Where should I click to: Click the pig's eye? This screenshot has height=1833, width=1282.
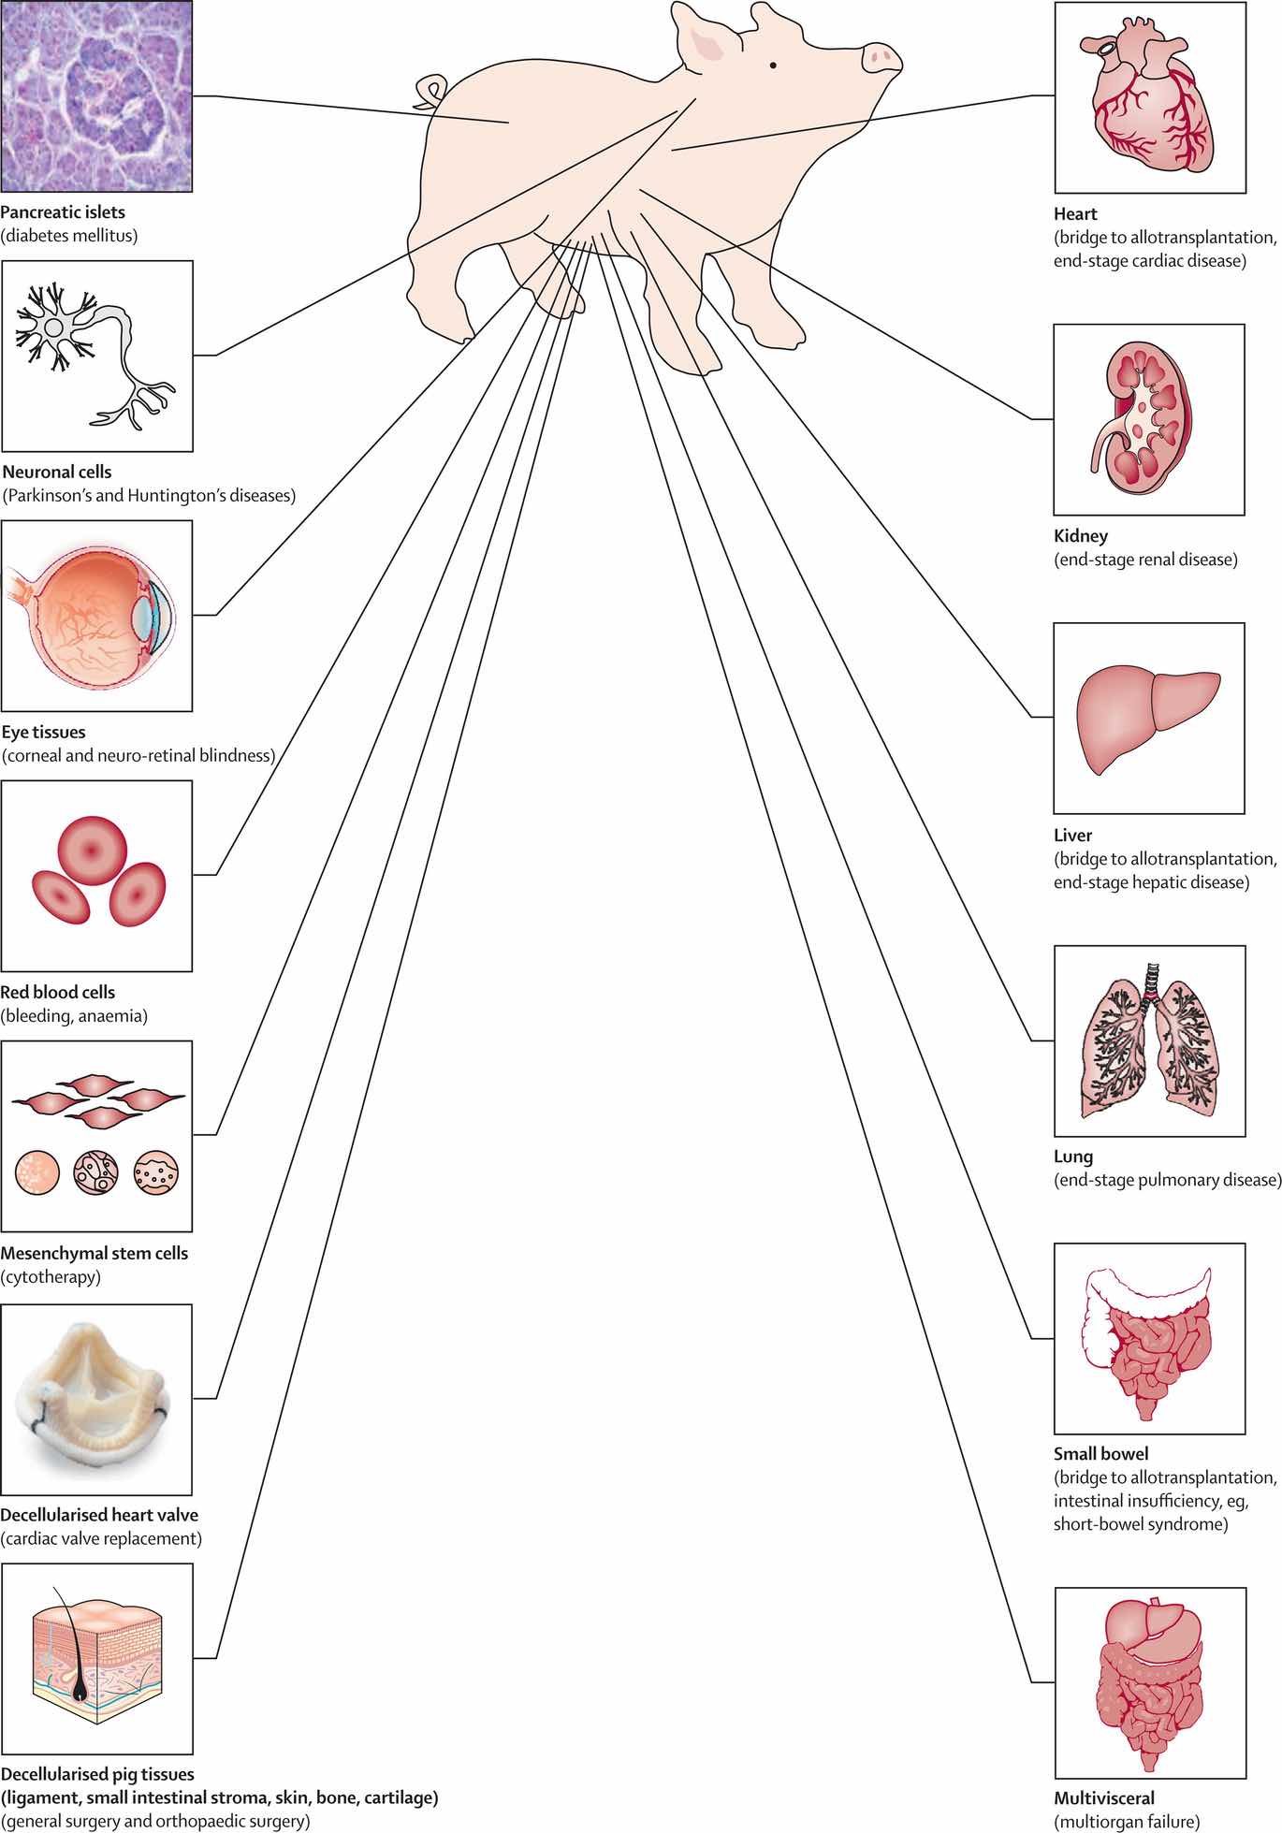click(x=773, y=65)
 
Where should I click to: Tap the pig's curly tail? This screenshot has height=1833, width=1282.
click(x=430, y=92)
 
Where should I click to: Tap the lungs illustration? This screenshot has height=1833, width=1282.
click(x=1150, y=1040)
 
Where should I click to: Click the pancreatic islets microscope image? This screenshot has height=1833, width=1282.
click(x=96, y=95)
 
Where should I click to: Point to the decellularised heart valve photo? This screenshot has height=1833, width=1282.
click(x=96, y=1399)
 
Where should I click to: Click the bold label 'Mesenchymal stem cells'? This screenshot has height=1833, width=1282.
click(x=95, y=1253)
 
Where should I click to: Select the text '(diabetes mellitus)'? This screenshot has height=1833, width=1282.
click(x=69, y=236)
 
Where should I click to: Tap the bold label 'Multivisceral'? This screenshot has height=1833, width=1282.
click(x=1104, y=1797)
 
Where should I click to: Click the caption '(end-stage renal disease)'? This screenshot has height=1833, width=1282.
click(x=1145, y=560)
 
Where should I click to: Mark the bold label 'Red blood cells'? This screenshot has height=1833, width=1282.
click(x=58, y=992)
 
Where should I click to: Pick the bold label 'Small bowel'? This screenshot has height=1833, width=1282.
click(x=1101, y=1453)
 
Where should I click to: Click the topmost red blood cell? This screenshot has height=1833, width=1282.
click(x=92, y=851)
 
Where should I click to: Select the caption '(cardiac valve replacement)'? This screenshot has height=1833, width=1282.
click(x=101, y=1538)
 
